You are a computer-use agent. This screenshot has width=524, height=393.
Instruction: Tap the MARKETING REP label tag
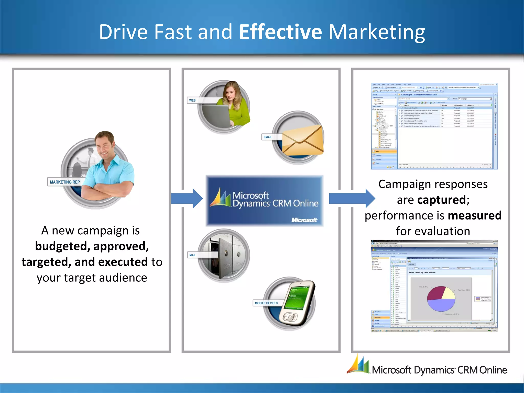coord(65,182)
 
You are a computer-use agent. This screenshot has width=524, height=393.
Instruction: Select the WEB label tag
coord(192,100)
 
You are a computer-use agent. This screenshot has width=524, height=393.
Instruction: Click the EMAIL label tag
coord(268,137)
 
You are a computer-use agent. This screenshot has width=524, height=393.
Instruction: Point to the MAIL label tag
coord(193,255)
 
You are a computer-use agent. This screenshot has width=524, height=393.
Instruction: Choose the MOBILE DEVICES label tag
coord(266,303)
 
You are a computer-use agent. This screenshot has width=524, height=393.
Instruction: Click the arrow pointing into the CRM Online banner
coord(187,199)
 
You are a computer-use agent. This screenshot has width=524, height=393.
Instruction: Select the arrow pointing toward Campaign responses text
coord(352,199)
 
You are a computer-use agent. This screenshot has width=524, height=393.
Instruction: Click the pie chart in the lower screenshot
coord(441,299)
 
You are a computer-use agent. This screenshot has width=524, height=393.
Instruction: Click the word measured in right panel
coord(475,215)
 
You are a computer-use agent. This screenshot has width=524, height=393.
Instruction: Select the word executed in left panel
coord(123,262)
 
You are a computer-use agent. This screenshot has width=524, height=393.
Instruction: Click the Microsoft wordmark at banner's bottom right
coord(304,220)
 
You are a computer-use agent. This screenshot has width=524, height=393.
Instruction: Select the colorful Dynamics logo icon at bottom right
coord(358,365)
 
